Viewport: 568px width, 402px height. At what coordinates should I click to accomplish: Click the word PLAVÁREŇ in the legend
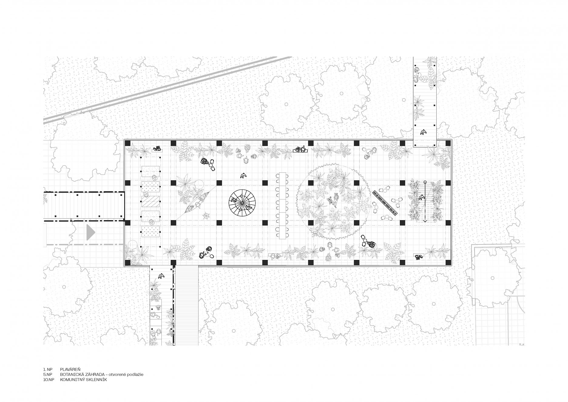(70, 369)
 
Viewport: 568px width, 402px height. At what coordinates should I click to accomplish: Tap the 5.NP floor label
(48, 374)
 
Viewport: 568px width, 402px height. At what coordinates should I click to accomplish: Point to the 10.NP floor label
(49, 380)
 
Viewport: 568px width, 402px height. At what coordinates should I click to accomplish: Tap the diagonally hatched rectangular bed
(150, 201)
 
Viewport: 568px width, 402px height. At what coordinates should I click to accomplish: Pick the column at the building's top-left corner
(127, 143)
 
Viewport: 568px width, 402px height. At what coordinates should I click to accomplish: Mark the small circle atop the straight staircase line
(425, 182)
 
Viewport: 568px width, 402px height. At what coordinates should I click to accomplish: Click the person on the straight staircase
(421, 198)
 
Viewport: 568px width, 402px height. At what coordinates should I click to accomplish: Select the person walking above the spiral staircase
(243, 175)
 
